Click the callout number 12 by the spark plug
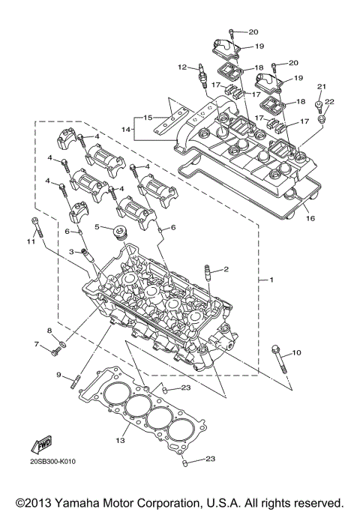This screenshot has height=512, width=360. [x=181, y=67]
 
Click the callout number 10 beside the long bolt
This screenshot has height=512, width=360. [x=296, y=352]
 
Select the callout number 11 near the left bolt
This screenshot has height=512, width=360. [x=31, y=241]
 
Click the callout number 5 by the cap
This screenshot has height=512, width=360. [x=97, y=226]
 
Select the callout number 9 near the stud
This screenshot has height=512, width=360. [x=58, y=374]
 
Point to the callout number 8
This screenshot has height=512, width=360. [x=49, y=331]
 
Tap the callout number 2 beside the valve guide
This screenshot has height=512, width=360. [x=225, y=268]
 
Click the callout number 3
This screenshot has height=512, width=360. [x=72, y=252]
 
